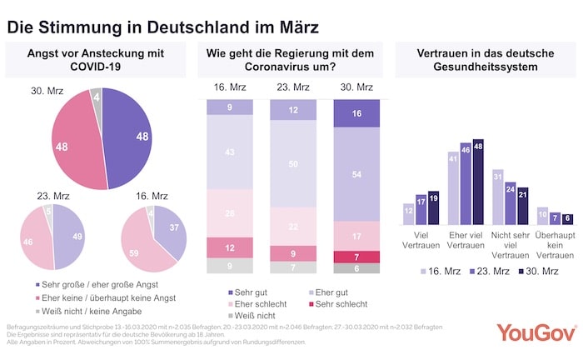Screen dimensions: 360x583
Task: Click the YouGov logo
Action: tap(536, 332)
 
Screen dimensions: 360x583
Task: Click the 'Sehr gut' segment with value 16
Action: tap(356, 112)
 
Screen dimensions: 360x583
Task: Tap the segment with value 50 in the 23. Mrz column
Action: tap(292, 165)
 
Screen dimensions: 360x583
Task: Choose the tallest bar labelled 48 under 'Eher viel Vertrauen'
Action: tap(478, 182)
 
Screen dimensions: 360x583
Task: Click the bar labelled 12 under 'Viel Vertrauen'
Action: tap(409, 214)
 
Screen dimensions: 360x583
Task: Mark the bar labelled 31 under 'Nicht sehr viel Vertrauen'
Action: tap(498, 197)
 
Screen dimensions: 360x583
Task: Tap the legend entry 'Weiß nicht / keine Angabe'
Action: tap(69, 309)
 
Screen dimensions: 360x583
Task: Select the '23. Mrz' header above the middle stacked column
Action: tap(292, 87)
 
